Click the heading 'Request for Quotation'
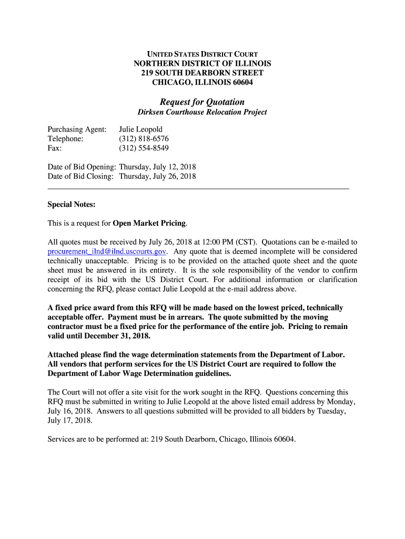pyautogui.click(x=202, y=102)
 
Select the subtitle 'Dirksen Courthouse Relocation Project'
pyautogui.click(x=202, y=112)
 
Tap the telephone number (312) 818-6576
pyautogui.click(x=144, y=139)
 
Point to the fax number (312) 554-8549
pyautogui.click(x=144, y=148)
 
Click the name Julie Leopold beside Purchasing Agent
pyautogui.click(x=140, y=129)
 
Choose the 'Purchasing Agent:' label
pyautogui.click(x=77, y=129)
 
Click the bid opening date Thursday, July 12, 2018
pyautogui.click(x=157, y=167)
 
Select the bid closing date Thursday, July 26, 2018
pyautogui.click(x=157, y=176)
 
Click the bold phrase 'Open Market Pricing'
pyautogui.click(x=149, y=223)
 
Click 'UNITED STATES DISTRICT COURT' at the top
pyautogui.click(x=202, y=54)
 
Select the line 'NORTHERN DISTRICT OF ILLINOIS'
pyautogui.click(x=202, y=64)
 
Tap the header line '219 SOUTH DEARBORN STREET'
pyautogui.click(x=202, y=73)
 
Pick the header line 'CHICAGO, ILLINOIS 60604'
pyautogui.click(x=202, y=82)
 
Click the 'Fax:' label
pyautogui.click(x=55, y=148)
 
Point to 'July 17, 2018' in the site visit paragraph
pyautogui.click(x=69, y=421)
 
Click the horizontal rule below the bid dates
pyautogui.click(x=198, y=188)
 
